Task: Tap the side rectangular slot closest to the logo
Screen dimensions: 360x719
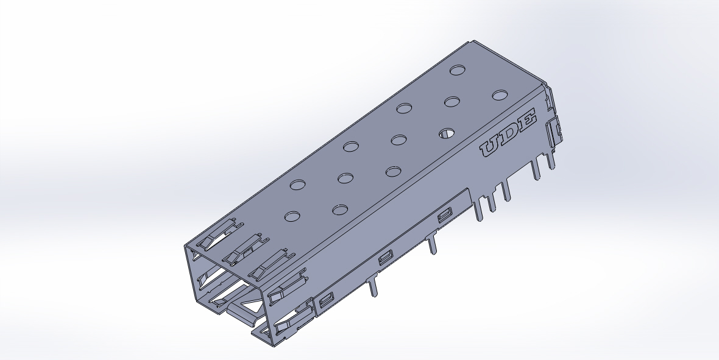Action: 444,214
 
